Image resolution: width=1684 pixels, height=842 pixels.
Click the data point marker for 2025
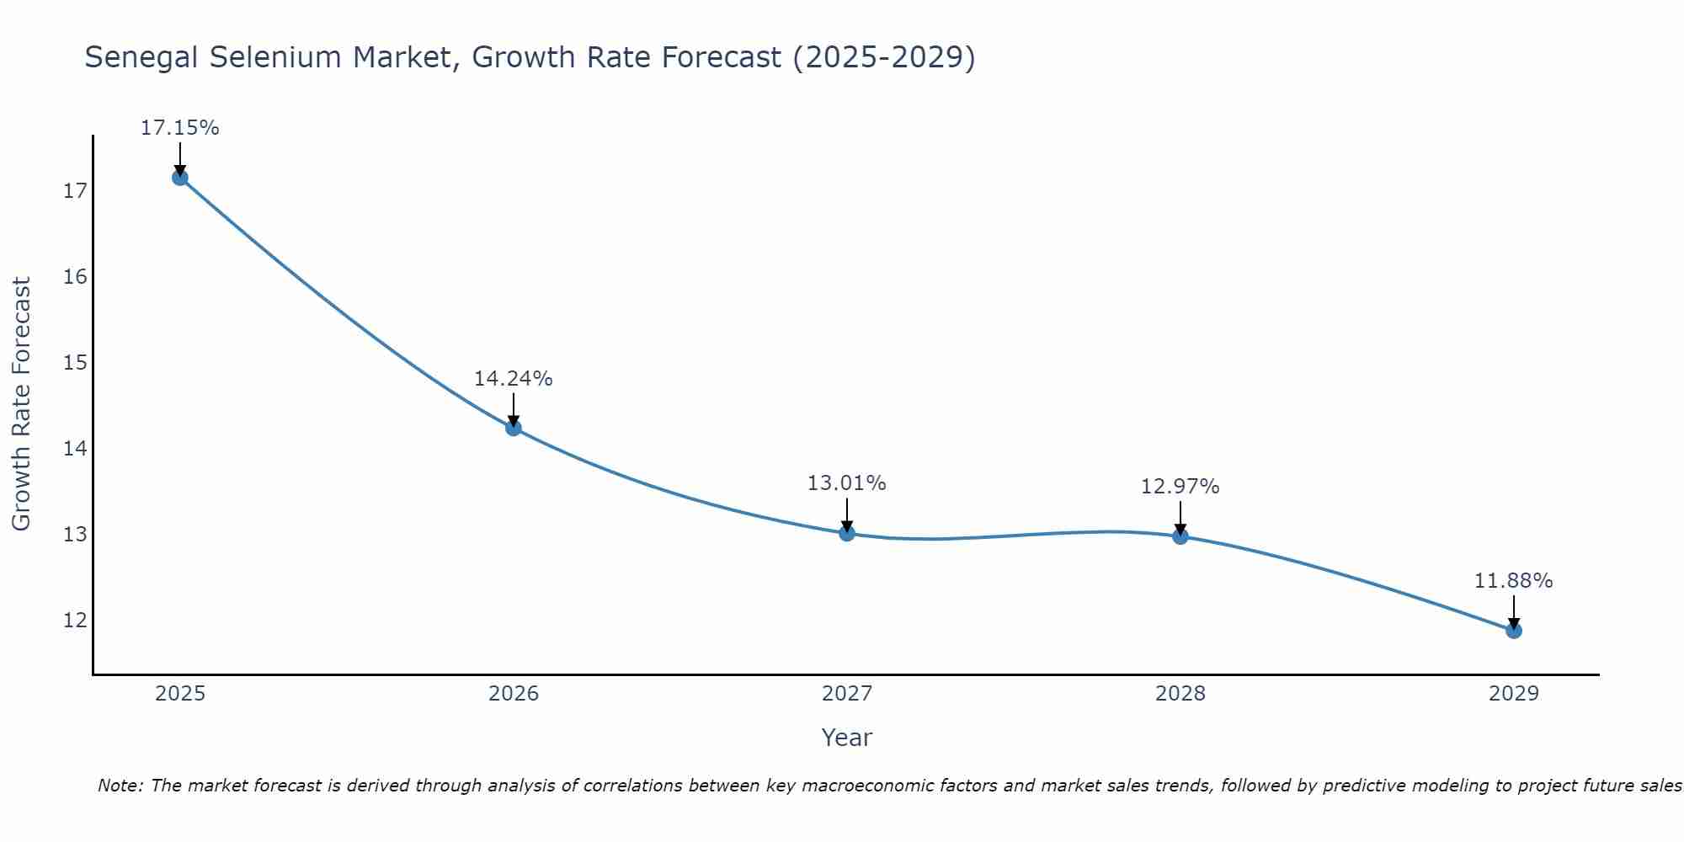pos(179,178)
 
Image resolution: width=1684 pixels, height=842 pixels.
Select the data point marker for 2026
pos(514,428)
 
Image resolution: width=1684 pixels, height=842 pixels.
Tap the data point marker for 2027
pos(847,533)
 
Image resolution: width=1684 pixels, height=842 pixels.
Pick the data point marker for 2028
pos(1180,536)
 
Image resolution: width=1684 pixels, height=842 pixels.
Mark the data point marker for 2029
pos(1514,630)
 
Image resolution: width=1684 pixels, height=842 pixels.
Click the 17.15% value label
pos(179,128)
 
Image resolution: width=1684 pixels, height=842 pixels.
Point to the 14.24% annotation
pos(513,379)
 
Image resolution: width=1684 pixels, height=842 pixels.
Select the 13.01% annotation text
pos(846,483)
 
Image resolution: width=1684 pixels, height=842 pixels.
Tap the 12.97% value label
pos(1180,487)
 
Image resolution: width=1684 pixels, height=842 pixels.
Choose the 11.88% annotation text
pos(1513,581)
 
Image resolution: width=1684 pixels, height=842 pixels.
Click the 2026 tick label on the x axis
pos(514,694)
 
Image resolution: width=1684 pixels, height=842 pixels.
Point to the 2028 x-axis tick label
pos(1180,694)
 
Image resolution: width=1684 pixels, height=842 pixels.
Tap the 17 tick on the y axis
pos(75,191)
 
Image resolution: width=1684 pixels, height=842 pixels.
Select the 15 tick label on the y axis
pos(75,363)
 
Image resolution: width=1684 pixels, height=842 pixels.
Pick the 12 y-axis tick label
pos(75,621)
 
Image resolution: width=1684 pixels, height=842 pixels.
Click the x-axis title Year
pos(846,738)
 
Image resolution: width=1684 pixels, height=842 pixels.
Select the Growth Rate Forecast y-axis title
pos(21,404)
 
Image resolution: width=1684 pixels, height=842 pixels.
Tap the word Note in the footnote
pos(120,786)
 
